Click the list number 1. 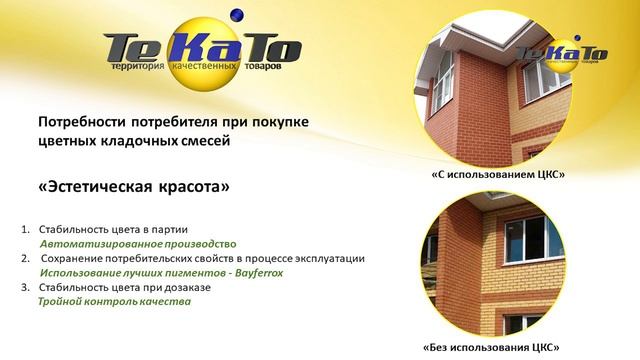point(25,229)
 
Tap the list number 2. point(25,258)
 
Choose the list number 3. point(25,287)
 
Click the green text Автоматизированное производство point(137,243)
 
